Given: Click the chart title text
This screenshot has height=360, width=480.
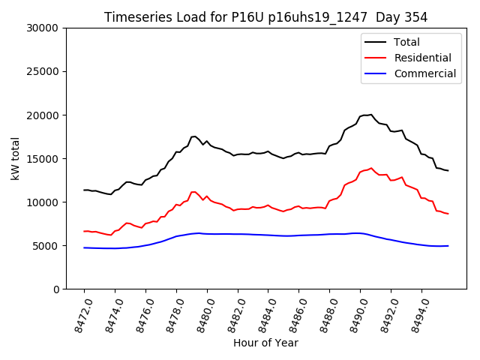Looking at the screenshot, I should coord(265,17).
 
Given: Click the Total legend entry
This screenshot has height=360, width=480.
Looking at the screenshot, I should coord(406,42).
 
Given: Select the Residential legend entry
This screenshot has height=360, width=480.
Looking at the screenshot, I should coord(422,58).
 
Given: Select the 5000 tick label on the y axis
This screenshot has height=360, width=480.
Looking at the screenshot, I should coord(46,246).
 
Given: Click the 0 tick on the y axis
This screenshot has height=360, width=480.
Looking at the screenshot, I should coord(55,289).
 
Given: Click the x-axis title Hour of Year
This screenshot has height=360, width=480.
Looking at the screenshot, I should coord(265,343).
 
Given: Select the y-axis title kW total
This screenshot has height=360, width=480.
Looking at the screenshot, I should coord(16,158).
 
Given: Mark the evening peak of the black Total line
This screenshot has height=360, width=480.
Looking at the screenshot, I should coord(370,115).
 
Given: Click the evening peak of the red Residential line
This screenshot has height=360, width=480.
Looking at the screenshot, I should coord(370,168).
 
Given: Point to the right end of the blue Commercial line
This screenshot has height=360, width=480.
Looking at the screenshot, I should coord(448,245).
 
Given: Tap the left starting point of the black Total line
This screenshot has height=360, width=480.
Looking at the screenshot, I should coord(84,190).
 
